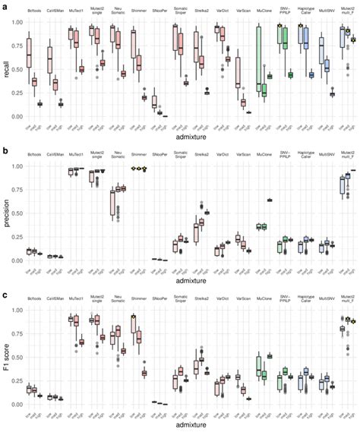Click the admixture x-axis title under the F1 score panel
(x=188, y=427)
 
